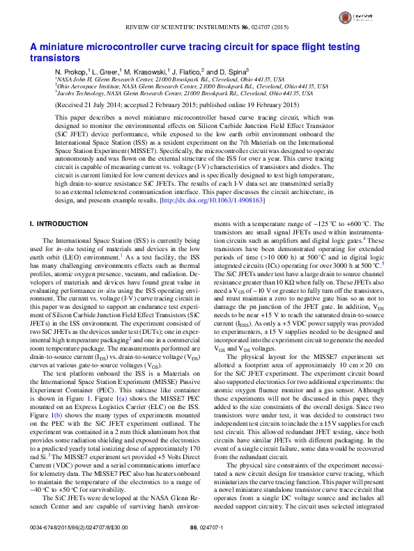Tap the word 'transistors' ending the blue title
point(54,58)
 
